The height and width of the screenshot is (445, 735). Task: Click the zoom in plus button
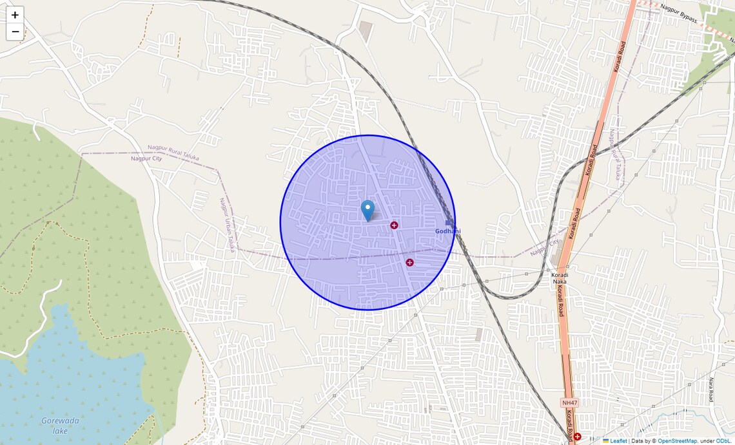(15, 15)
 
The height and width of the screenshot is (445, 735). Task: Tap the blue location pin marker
(367, 211)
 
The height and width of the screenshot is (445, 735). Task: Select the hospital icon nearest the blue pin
(394, 225)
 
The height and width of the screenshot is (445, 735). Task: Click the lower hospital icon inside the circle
(409, 262)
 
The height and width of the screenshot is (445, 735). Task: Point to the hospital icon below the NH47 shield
(577, 437)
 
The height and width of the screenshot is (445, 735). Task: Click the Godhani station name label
(448, 231)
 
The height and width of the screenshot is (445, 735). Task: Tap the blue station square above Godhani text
(449, 223)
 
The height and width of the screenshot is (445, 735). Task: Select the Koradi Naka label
(560, 279)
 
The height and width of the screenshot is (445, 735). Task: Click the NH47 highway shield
(569, 402)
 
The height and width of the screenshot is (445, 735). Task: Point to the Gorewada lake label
(60, 425)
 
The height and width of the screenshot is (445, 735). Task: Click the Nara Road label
(711, 390)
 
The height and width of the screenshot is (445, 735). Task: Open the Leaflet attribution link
(618, 441)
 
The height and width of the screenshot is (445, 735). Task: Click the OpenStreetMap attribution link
(677, 441)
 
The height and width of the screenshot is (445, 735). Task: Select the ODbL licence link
(723, 441)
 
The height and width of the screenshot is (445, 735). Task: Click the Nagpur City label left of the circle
(146, 158)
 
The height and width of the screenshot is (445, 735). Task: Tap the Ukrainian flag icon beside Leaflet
(606, 441)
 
